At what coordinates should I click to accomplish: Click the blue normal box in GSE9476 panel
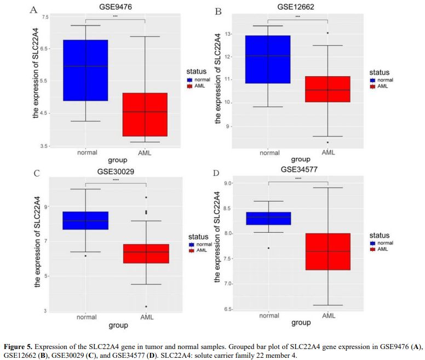point(86,70)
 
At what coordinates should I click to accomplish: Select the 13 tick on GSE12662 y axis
point(228,34)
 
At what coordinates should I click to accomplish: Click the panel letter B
point(219,10)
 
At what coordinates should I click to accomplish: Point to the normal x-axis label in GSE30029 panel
point(86,317)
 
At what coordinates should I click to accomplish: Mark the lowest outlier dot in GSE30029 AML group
point(146,306)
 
